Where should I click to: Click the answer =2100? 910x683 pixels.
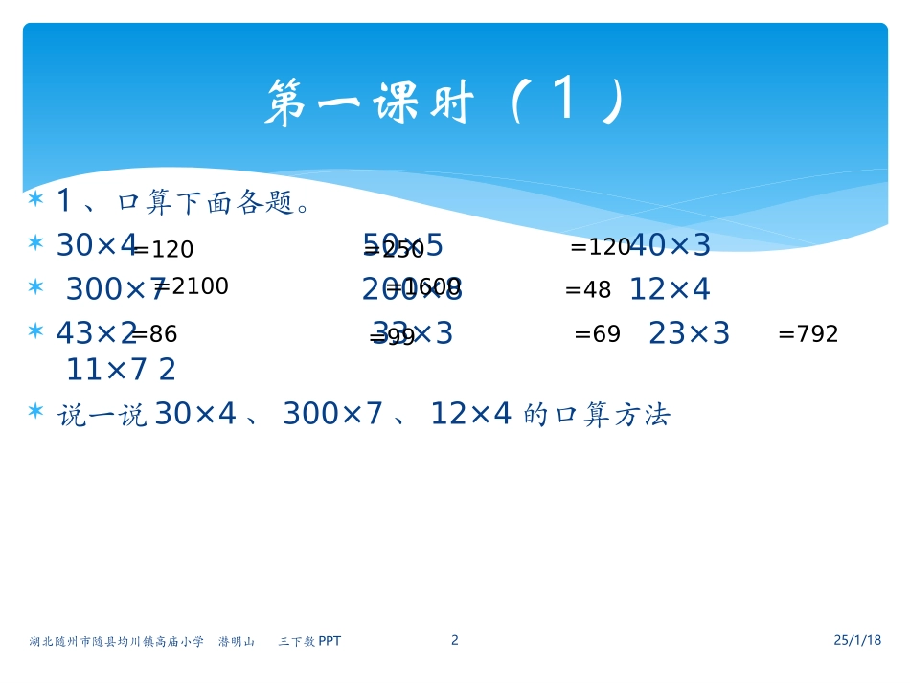tap(192, 286)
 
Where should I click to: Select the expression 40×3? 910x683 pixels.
tap(671, 246)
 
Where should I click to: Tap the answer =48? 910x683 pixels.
tap(587, 289)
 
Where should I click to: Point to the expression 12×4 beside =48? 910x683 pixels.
tap(670, 289)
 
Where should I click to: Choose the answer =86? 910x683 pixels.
tap(154, 334)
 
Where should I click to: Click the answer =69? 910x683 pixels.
tap(597, 334)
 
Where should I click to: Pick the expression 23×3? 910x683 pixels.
tap(689, 334)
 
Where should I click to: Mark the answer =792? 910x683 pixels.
tap(808, 334)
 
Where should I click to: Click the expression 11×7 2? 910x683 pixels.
tap(121, 370)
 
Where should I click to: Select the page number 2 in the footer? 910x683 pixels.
tap(455, 640)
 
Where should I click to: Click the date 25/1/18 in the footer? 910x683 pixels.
tap(856, 640)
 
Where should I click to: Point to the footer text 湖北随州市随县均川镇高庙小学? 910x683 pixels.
tap(116, 641)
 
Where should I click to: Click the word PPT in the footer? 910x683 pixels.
tap(330, 641)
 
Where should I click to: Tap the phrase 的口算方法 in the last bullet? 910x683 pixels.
tap(598, 415)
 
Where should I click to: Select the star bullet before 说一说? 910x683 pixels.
tap(36, 412)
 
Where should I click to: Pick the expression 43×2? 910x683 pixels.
tap(96, 334)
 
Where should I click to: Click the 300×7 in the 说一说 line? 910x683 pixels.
tap(332, 415)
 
